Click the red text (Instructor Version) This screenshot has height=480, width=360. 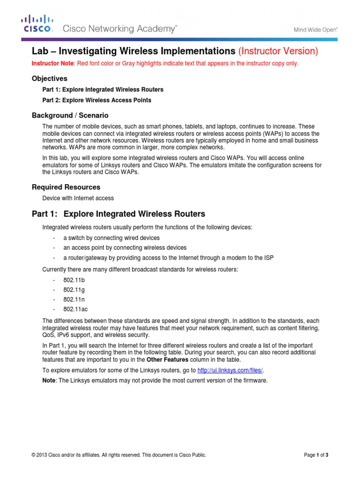tap(278, 51)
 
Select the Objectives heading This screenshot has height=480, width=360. tap(49, 78)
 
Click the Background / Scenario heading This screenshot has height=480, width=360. tap(70, 115)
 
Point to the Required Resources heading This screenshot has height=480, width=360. tap(66, 187)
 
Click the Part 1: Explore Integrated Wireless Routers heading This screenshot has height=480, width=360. tap(118, 214)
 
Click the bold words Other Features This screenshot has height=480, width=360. tap(166, 359)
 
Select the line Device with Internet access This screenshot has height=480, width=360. tap(78, 198)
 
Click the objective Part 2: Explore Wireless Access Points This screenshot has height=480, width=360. tap(97, 100)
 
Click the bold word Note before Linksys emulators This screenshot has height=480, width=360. tap(49, 380)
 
